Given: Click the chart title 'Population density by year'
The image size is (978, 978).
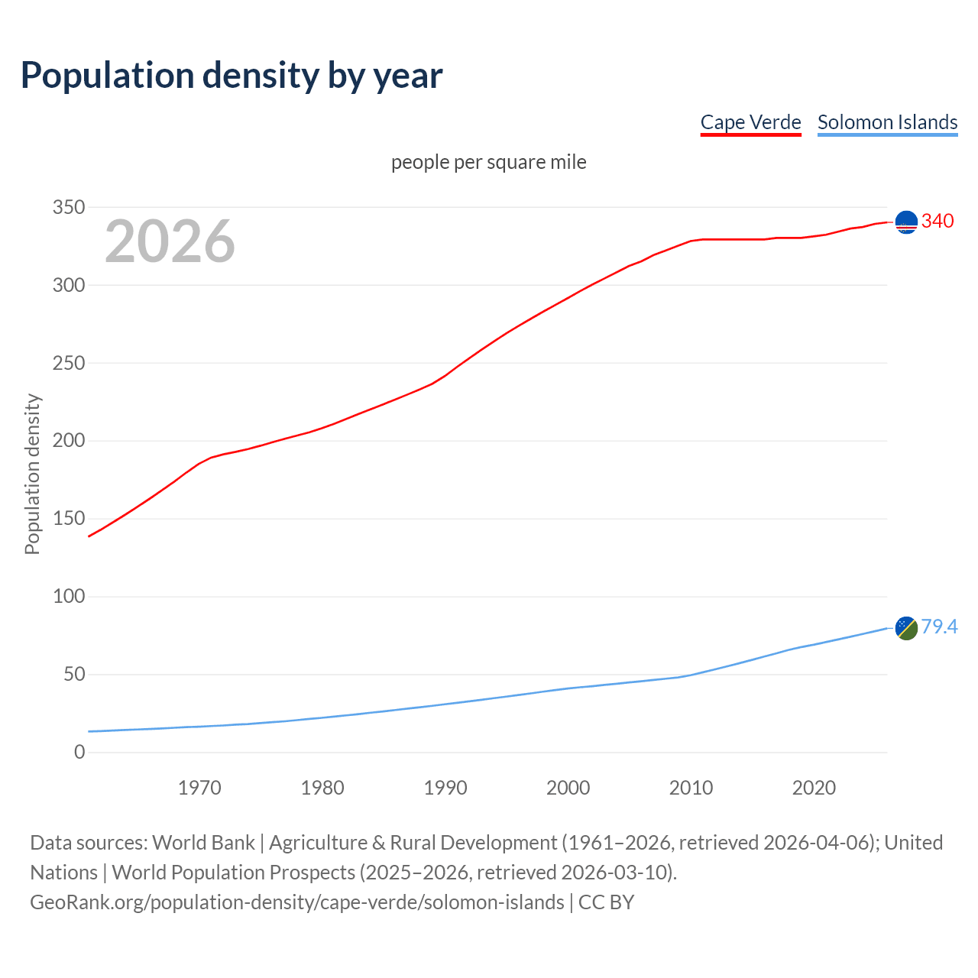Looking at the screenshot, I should point(232,76).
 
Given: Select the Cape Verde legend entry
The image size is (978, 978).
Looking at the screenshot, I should point(750,122).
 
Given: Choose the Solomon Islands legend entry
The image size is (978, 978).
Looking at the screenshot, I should point(887,122).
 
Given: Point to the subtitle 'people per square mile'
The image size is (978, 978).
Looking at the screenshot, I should point(488,162).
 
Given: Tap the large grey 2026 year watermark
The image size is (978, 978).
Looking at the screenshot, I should point(170,241).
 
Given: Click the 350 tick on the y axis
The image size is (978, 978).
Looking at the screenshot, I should point(69,207).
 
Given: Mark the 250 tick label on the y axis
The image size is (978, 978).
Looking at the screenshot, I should point(69,363).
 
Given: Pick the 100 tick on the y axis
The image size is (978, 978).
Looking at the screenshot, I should point(69,596).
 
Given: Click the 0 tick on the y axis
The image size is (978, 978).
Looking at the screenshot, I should point(79,752).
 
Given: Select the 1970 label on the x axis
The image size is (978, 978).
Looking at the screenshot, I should point(199,788).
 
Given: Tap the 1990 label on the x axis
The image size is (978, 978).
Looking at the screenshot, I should point(445,788).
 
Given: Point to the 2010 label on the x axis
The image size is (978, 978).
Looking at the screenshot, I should point(691,788).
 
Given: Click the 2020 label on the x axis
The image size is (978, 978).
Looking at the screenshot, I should point(814,788).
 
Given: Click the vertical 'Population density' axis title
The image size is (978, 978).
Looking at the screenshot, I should point(32,474).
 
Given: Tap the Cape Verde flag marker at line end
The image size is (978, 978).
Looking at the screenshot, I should point(906,222).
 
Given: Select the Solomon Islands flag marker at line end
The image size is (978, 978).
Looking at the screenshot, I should point(906,627).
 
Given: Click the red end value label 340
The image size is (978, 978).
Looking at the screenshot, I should point(938,222).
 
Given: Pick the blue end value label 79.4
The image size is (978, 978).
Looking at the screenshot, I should point(939,627).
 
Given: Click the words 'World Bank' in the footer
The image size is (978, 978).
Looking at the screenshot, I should point(203,843).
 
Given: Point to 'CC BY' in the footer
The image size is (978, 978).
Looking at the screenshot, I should point(606,902).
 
